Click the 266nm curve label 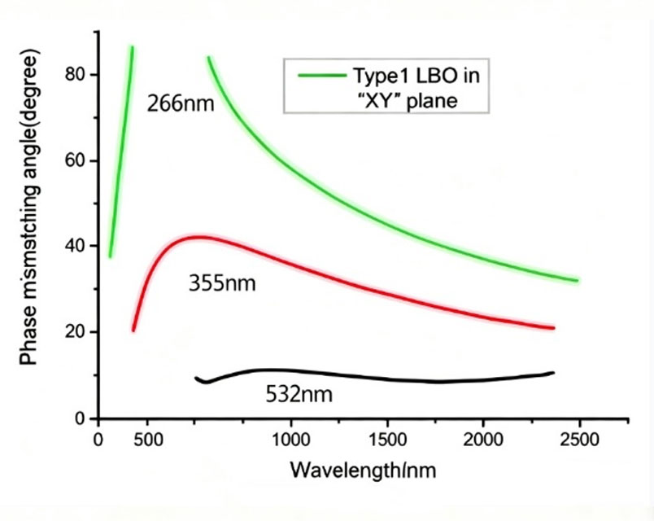coord(180,103)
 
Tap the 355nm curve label coord(221,284)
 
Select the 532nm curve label coord(299,395)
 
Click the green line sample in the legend coord(320,77)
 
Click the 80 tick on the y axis coord(75,74)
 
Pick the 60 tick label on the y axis coord(75,160)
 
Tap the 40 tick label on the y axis coord(75,246)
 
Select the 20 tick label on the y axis coord(75,332)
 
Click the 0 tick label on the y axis coord(80,418)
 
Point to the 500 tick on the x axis coord(147,440)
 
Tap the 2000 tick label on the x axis coord(483,440)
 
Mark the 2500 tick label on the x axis coord(579,440)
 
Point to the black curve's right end coord(553,373)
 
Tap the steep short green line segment coord(121,155)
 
